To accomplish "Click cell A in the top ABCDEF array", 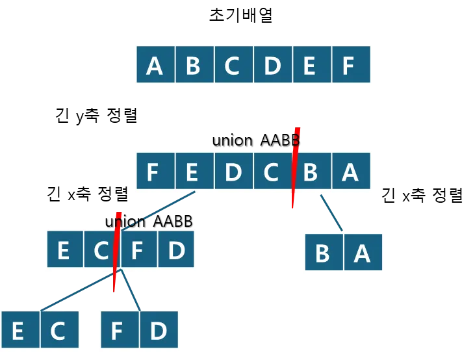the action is coord(155,65).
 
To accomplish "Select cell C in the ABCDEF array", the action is coord(233,65).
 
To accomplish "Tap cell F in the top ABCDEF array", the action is coord(351,65).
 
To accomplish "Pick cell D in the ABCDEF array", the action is coord(272,65).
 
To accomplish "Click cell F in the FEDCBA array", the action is coord(155,172).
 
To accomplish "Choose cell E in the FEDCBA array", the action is coord(194,172).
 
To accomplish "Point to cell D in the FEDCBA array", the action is coord(233,172).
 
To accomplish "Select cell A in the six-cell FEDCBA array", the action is coord(351,172).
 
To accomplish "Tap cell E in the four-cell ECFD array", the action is coord(64,250).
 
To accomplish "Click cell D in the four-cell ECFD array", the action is coord(176,250).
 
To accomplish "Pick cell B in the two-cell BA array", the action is coord(323,253).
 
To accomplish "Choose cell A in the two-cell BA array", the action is coord(363,253).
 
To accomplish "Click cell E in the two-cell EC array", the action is coord(19,331).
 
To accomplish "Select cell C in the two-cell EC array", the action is coord(59,331).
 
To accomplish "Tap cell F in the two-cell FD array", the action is coord(119,331).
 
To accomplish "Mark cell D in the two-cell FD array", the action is coord(159,331).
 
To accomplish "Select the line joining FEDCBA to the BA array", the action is coord(331,212).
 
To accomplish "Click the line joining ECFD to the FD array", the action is coord(131,290).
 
